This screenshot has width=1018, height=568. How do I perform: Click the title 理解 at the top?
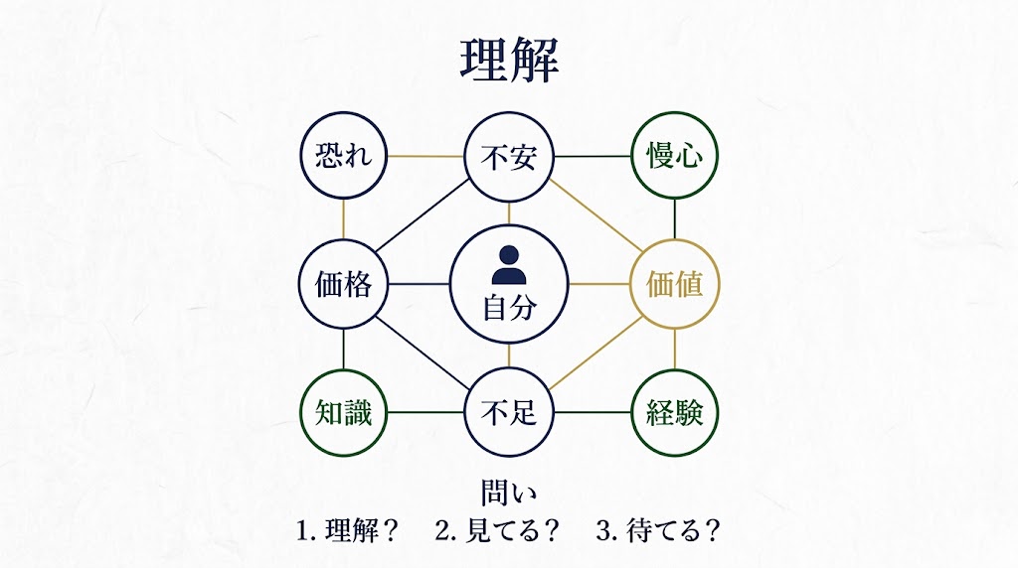pos(509,62)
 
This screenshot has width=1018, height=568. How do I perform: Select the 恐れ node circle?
pos(343,156)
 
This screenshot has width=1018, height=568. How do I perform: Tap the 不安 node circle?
pos(509,157)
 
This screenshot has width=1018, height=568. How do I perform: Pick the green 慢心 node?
pos(675,156)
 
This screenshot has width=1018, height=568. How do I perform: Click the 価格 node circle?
pos(343,285)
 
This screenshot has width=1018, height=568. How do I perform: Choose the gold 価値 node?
pos(675,285)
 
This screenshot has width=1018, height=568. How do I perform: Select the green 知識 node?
pos(343,412)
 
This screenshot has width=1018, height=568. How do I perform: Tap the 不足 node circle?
pos(509,412)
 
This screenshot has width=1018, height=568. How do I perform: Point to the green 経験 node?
pos(675,412)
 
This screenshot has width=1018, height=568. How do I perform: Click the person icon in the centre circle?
pos(509,265)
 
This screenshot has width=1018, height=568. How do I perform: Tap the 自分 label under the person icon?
pos(509,307)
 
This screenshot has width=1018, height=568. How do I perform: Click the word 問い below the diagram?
pos(509,494)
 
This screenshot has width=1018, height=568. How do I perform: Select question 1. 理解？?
pos(347,530)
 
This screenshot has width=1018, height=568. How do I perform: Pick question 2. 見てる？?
pos(498,530)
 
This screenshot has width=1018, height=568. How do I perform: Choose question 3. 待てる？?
pos(658,530)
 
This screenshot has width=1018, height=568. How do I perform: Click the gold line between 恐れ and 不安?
pos(425,157)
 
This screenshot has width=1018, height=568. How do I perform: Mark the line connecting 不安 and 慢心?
pos(593,157)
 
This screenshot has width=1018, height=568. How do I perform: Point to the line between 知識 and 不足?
pos(425,412)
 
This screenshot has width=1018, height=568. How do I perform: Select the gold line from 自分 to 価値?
pos(599,285)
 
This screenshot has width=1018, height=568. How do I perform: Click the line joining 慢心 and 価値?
pos(675,220)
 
